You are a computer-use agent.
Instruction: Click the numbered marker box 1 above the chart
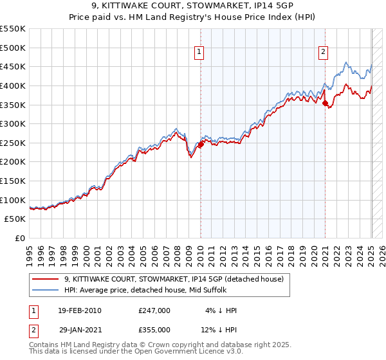199,53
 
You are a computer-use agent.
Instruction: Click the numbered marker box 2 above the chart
323,53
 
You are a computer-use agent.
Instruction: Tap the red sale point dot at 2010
201,145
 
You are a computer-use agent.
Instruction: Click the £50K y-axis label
15,219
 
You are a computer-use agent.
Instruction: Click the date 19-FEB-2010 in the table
80,310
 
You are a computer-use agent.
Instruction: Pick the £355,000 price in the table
154,330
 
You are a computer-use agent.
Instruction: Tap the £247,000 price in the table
154,310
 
